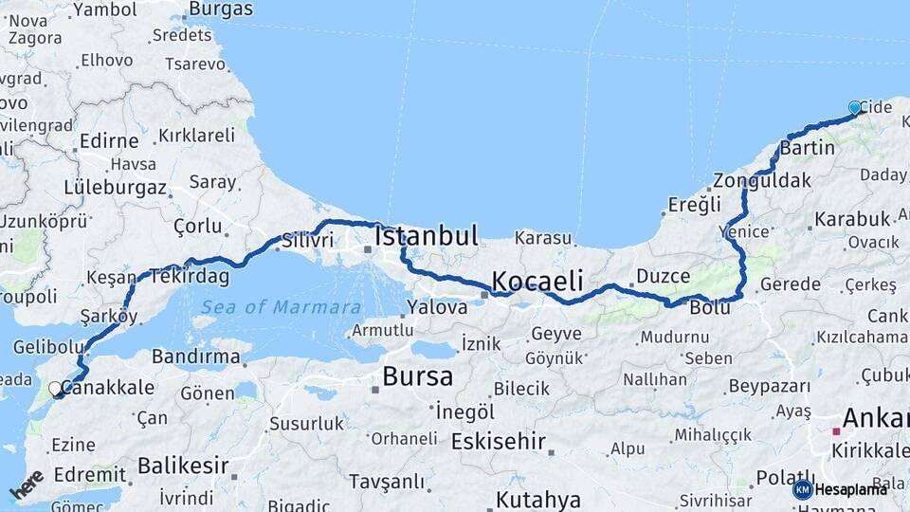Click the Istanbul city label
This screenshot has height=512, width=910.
point(427,236)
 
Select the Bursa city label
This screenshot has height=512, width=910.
point(417,376)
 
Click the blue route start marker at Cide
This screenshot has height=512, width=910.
point(855,108)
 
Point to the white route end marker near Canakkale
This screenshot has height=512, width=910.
point(56,388)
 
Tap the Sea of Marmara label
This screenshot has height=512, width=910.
point(281,307)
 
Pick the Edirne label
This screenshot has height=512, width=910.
point(109,140)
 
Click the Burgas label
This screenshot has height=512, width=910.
point(221,9)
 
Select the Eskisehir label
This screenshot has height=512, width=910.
point(498,441)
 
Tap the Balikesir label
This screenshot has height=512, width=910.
point(183,466)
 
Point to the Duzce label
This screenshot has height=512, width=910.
point(663,275)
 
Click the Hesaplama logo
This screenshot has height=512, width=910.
point(840,489)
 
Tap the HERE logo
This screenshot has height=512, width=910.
point(27,485)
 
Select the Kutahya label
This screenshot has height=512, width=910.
point(537,499)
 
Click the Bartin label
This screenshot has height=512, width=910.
point(808,148)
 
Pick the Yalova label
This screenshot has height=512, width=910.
point(437,307)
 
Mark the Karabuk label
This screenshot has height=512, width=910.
point(851,219)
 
